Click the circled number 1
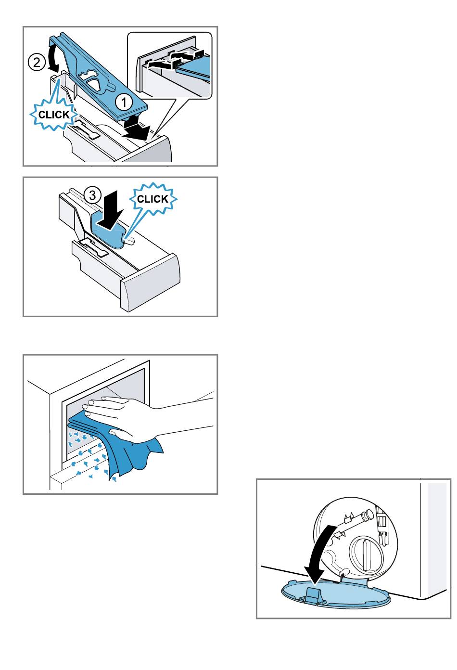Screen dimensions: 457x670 [x=124, y=103]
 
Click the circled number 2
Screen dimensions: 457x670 [x=37, y=63]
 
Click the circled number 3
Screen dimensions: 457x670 [x=92, y=195]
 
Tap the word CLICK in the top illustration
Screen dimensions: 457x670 [x=54, y=115]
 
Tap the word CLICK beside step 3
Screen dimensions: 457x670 [x=152, y=199]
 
